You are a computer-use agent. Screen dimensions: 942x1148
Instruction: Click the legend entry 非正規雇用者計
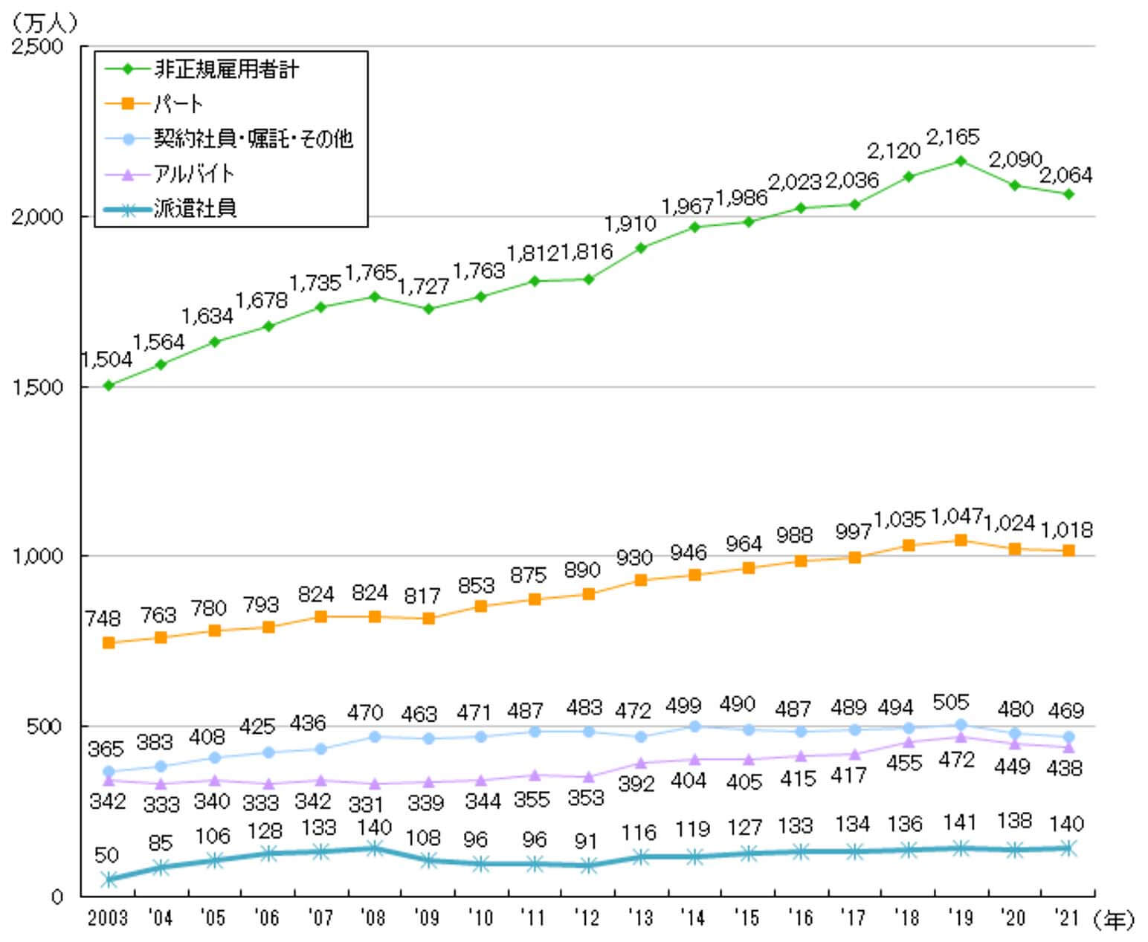point(226,70)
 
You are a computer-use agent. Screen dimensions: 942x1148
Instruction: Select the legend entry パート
point(178,104)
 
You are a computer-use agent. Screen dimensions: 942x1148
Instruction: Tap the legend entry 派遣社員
point(195,209)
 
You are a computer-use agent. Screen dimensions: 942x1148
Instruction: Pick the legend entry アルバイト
point(194,174)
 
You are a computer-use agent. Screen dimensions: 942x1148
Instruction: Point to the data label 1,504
point(106,360)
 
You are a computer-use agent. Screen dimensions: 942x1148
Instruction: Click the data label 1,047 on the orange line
point(957,515)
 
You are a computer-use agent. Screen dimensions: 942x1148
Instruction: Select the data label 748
point(103,618)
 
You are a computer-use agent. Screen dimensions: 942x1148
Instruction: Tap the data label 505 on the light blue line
point(951,702)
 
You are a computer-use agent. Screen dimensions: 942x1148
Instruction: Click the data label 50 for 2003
point(106,855)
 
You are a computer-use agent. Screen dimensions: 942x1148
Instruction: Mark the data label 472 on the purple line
point(957,760)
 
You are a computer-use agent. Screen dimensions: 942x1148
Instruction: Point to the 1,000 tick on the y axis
point(38,556)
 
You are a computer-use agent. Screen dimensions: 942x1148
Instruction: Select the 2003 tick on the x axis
point(108,918)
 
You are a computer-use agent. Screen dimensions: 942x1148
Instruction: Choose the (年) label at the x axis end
point(1115,920)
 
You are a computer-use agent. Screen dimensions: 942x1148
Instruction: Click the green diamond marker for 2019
point(960,161)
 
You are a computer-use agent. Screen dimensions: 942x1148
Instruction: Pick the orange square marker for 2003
point(109,643)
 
